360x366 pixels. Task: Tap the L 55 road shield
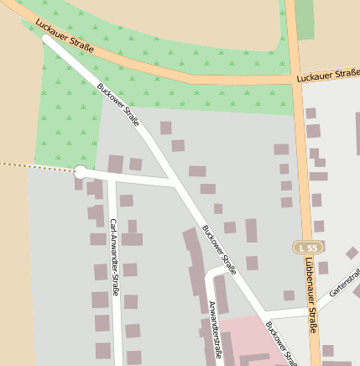tap(308, 248)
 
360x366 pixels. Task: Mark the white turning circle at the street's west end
tap(81, 173)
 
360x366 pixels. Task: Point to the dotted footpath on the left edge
tap(34, 166)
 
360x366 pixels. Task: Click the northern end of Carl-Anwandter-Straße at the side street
tap(111, 179)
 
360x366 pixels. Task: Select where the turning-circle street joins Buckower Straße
tap(175, 184)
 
